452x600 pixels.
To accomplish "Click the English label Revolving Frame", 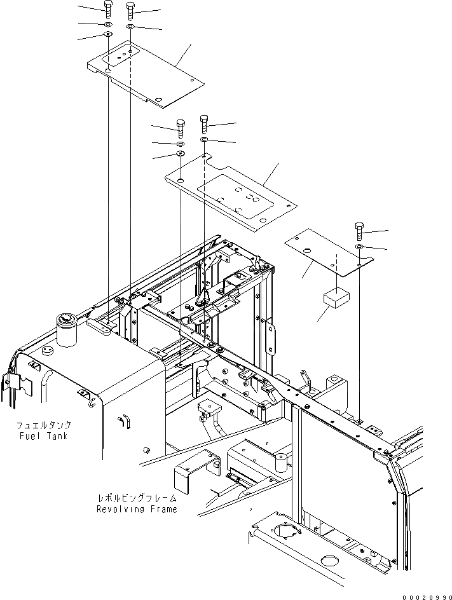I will [x=136, y=509].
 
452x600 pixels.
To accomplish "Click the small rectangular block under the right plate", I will [x=338, y=297].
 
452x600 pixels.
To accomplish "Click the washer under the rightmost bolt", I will [x=359, y=246].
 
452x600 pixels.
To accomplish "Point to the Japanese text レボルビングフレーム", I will [x=137, y=498].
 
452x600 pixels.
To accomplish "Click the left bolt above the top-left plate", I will [x=109, y=10].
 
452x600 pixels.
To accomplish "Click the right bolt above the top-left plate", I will [x=130, y=10].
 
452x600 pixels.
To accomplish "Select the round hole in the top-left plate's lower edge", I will [x=160, y=99].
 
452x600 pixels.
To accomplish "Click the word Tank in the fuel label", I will [x=57, y=436].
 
